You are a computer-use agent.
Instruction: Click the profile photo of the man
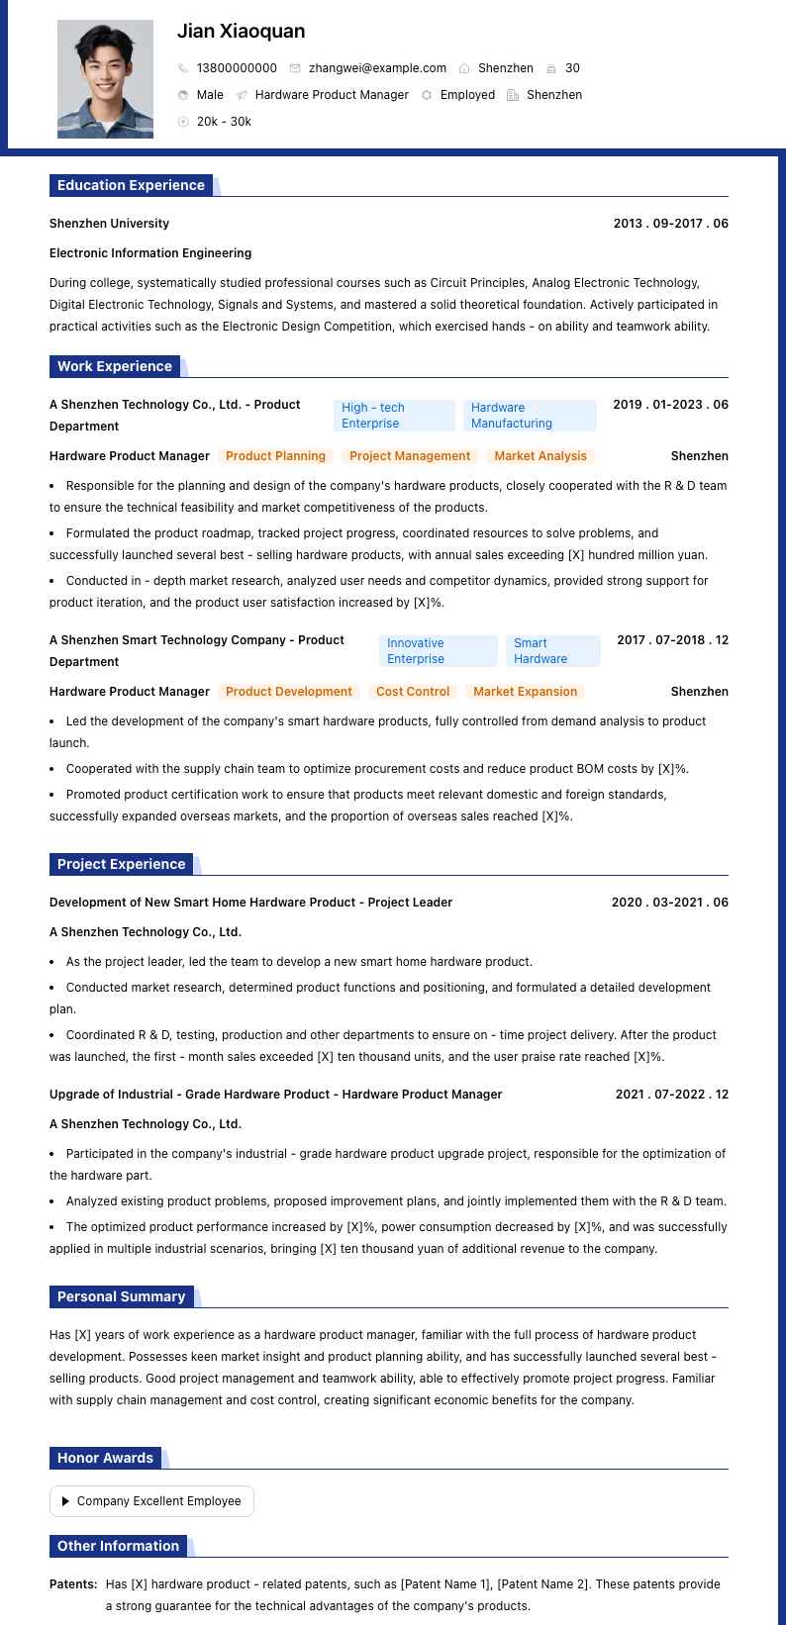tap(105, 79)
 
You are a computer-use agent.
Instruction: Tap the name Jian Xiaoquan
tap(241, 32)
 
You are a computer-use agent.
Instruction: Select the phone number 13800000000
tap(237, 68)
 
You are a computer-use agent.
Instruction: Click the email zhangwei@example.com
tap(377, 68)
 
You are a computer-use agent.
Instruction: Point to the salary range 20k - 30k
tap(224, 122)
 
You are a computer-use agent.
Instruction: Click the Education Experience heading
tap(131, 185)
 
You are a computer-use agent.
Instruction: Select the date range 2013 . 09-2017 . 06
tap(670, 224)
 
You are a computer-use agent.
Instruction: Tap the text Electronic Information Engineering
tap(150, 253)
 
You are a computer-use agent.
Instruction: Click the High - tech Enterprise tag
tap(393, 416)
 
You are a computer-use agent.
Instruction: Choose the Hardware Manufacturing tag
tap(529, 416)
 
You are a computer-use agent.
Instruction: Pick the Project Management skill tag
tap(410, 456)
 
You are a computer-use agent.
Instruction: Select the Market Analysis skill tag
tap(540, 456)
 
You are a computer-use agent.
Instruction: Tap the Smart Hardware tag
tap(552, 651)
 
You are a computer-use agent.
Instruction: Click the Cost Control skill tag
tap(413, 692)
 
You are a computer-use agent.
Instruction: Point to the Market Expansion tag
tap(525, 692)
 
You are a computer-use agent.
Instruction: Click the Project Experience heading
tap(121, 864)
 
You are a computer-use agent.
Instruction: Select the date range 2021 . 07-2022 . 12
tap(671, 1095)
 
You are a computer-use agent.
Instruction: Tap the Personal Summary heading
tap(121, 1296)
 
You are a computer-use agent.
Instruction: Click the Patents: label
tap(73, 1584)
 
